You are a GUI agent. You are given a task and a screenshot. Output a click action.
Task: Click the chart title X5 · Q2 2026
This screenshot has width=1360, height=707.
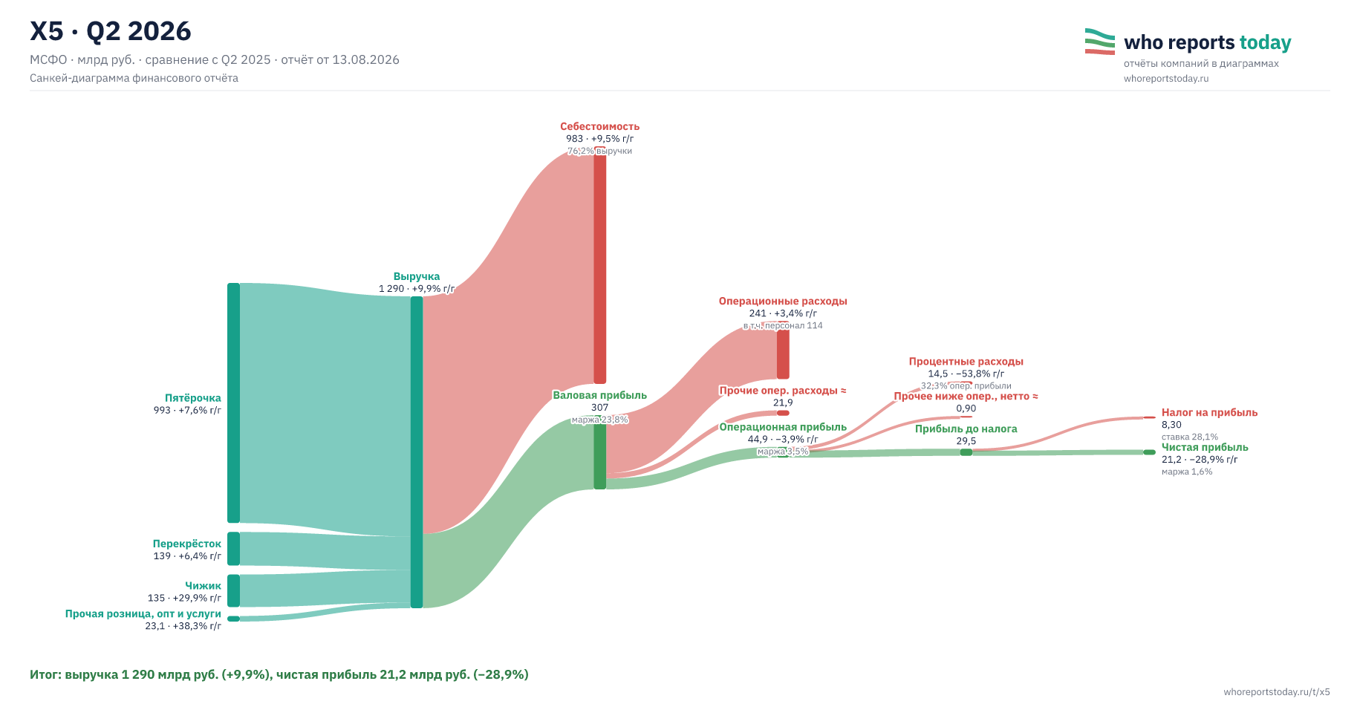click(111, 31)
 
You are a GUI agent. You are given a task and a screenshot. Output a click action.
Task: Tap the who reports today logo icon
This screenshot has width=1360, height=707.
click(1099, 42)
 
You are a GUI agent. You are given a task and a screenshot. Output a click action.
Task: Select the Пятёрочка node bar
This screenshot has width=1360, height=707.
click(233, 403)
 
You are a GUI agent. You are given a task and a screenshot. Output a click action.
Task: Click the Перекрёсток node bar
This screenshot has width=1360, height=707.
click(233, 549)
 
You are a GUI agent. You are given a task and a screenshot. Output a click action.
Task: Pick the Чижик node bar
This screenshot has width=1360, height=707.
click(233, 590)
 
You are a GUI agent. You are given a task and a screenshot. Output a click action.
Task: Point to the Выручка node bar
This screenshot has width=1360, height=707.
click(417, 452)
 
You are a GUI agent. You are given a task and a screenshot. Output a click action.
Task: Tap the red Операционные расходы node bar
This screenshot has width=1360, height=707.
click(783, 354)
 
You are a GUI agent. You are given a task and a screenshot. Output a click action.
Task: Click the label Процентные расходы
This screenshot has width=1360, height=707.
click(966, 362)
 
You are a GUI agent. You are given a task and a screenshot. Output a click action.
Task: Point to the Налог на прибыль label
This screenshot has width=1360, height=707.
click(1210, 413)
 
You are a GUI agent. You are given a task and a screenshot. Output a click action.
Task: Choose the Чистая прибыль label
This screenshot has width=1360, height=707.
click(1205, 447)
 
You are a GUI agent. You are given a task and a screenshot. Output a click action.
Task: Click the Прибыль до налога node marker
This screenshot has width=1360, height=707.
click(966, 452)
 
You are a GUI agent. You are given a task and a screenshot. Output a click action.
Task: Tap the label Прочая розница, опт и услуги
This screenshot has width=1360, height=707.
click(143, 614)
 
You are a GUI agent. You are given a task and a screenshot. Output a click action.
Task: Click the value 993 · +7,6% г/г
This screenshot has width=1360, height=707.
click(187, 410)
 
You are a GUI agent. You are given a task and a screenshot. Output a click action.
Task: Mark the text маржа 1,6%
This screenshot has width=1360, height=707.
click(1187, 472)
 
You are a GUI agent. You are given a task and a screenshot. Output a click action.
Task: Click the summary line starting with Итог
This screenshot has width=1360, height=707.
click(279, 675)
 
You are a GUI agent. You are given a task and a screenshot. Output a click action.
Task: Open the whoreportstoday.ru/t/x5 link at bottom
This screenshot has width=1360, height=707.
click(1277, 692)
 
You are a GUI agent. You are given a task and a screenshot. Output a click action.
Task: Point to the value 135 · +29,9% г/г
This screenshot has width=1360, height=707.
click(184, 598)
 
